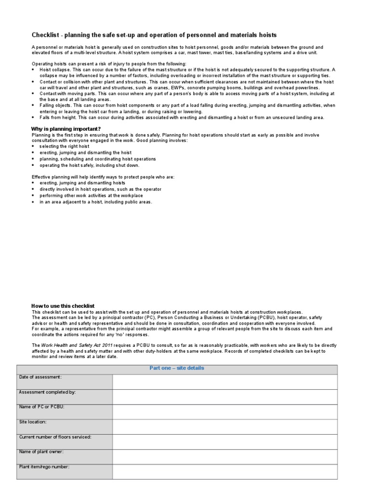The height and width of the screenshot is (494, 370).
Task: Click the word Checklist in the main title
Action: click(x=45, y=35)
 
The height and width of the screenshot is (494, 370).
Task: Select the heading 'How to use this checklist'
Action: click(x=63, y=306)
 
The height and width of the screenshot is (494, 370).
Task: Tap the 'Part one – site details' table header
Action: click(x=177, y=368)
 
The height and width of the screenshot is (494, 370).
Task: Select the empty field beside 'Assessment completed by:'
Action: click(x=225, y=397)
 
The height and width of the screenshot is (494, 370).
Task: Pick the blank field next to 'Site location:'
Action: click(x=225, y=426)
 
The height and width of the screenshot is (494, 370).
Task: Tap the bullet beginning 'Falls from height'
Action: click(x=182, y=117)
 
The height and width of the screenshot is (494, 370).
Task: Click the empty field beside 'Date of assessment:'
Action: click(x=225, y=382)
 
